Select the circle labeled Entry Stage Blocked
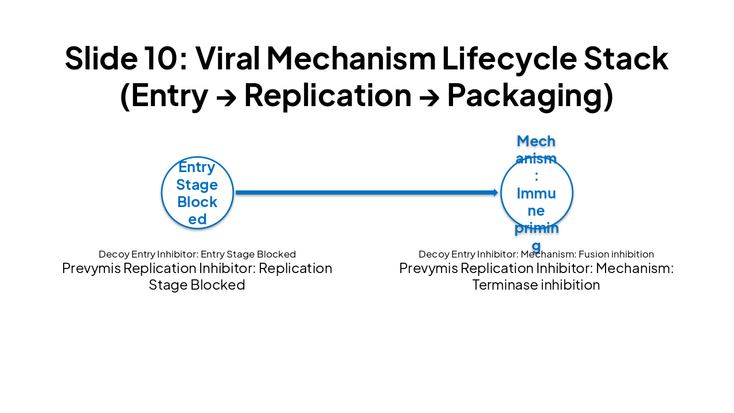click(x=197, y=193)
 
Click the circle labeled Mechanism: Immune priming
click(x=536, y=193)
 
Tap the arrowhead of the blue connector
click(x=495, y=193)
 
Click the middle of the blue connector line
click(x=366, y=193)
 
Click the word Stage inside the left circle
click(x=197, y=185)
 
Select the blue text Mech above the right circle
click(x=536, y=141)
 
